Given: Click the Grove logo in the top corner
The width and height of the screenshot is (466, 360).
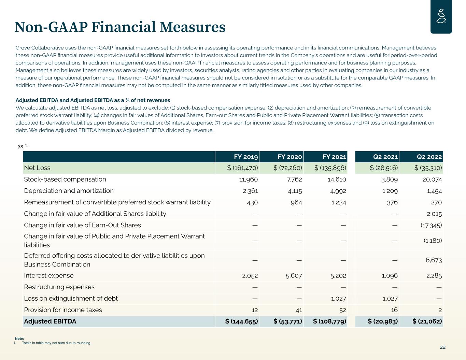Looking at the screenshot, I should point(441,17).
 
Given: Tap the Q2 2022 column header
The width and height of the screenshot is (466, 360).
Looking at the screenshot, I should point(429,157).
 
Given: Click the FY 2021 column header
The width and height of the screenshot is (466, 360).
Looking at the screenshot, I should point(334,157).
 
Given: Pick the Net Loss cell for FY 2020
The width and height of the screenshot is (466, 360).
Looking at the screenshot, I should point(288,168).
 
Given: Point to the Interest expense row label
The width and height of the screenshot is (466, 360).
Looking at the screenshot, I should point(48,275).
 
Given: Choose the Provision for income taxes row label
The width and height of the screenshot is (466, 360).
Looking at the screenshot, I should point(63,310).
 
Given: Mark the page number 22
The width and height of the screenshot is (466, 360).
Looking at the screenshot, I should point(442,347).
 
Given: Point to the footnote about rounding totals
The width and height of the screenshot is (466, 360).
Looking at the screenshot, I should point(56,343).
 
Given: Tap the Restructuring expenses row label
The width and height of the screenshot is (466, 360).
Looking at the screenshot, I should point(59,287).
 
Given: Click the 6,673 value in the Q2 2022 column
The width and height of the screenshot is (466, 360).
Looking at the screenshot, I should point(434,260).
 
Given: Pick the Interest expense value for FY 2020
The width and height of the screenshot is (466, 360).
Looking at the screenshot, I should point(294,275).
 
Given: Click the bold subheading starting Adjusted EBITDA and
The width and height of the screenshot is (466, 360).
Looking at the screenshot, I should point(93,100).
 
